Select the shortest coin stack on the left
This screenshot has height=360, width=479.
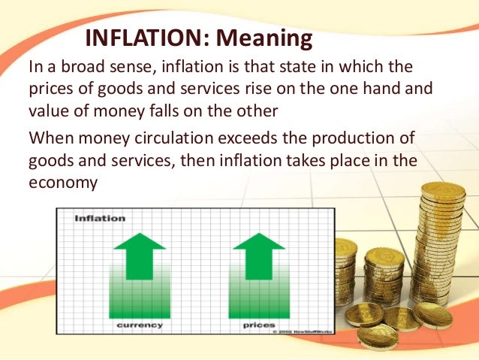345,245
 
